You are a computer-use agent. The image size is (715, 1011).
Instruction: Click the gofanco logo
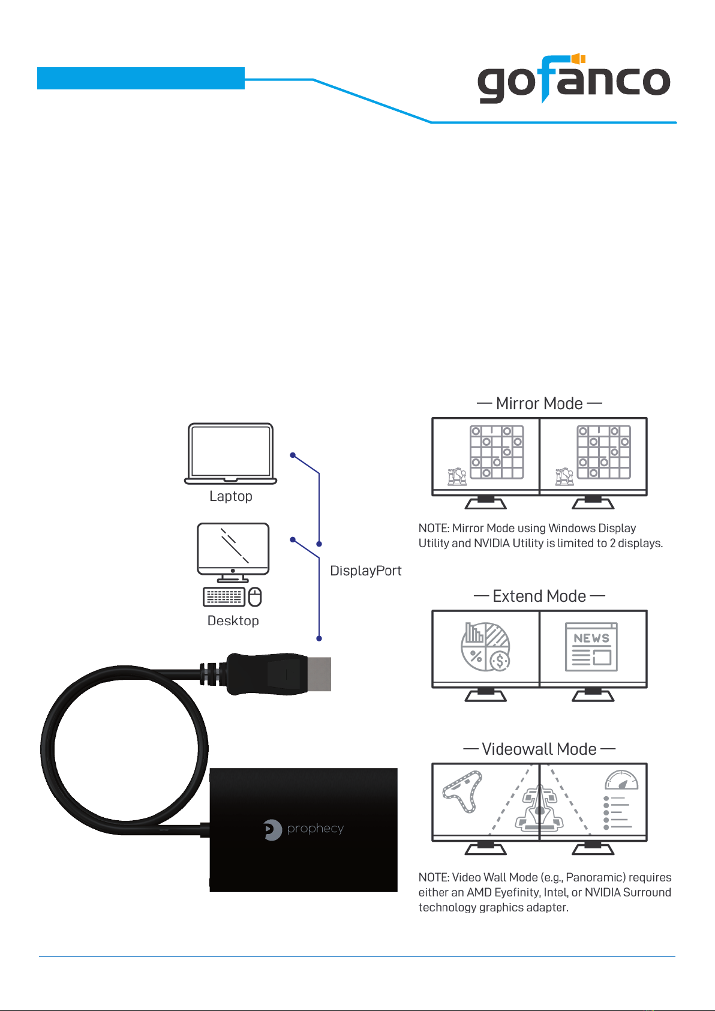(573, 79)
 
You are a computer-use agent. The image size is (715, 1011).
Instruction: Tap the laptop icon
(230, 454)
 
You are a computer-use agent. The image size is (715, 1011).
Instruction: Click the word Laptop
(230, 496)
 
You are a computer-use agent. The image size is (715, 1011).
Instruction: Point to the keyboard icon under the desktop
(224, 596)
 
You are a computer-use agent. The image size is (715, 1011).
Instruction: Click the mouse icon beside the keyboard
(255, 596)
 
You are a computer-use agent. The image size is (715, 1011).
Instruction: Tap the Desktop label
(233, 621)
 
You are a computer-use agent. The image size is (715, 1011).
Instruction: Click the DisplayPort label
(365, 571)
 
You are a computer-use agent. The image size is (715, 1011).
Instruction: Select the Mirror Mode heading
(539, 403)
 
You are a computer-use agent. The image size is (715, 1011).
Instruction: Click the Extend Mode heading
(539, 596)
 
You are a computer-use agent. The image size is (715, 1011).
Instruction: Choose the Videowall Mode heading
(539, 749)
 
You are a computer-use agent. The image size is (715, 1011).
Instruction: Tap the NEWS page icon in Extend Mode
(591, 647)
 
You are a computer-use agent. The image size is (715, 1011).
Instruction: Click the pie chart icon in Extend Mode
(485, 647)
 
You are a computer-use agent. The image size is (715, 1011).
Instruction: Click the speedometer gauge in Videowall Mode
(621, 780)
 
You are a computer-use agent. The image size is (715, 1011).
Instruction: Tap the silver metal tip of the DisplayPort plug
(319, 674)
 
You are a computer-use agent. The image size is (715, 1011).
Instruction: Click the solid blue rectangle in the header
(141, 78)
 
